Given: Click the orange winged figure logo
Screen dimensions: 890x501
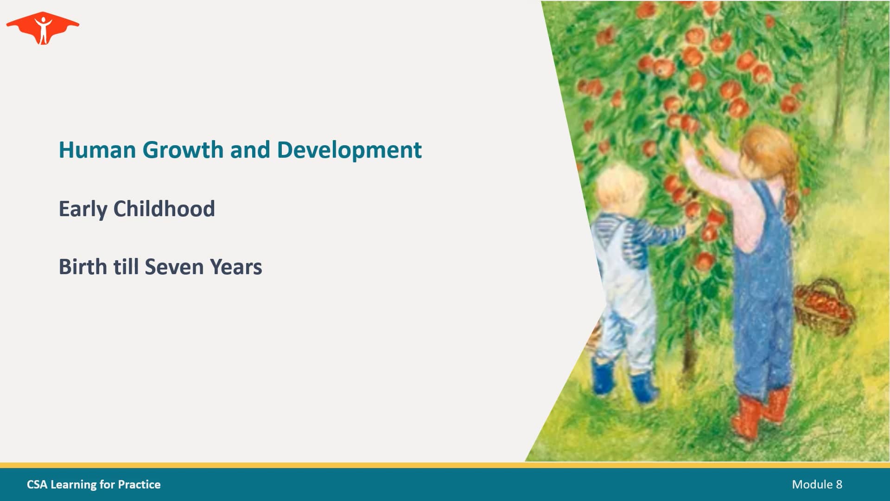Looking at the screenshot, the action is (43, 28).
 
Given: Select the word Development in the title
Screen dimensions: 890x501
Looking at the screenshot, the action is (349, 150).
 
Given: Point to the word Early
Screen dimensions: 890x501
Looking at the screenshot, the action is (83, 209).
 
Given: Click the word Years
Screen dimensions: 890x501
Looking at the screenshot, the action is (236, 267).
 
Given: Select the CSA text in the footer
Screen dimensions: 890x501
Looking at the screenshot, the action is (37, 484).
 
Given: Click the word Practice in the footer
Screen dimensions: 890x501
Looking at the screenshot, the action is (139, 484).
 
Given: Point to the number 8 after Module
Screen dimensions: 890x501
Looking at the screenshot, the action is (839, 484).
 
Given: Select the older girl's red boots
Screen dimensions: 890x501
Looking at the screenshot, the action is (760, 413).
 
